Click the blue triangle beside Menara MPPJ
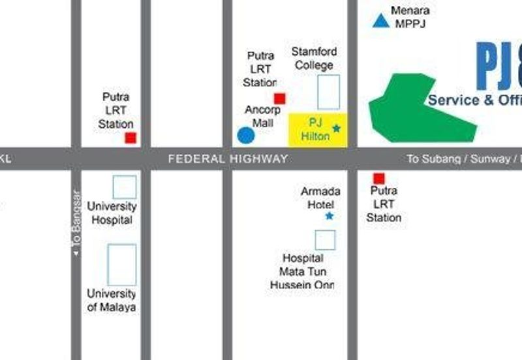380,21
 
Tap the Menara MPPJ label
410,17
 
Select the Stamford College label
314,58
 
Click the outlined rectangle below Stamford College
328,92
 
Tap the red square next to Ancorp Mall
279,98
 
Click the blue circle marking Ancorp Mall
245,136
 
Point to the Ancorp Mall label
262,116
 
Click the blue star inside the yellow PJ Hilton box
336,128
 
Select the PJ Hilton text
315,129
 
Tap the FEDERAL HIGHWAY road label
227,158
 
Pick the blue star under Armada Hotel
329,216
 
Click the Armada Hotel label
320,198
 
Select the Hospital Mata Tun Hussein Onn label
303,271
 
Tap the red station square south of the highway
378,178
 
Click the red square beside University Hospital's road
130,138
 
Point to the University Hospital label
112,213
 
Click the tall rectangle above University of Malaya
122,265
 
